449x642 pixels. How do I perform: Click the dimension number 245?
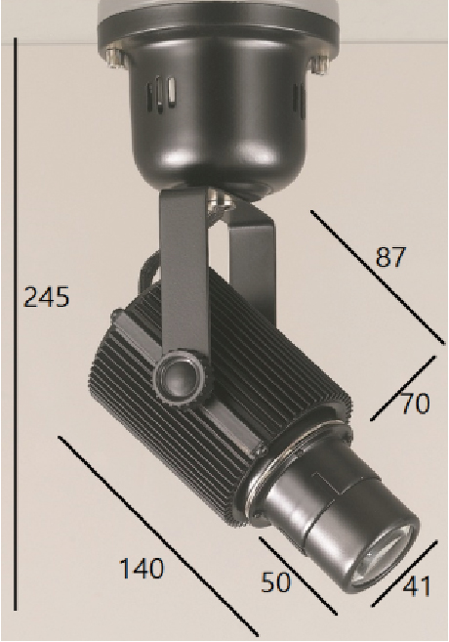click(x=47, y=297)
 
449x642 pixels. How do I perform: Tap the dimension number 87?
click(x=390, y=257)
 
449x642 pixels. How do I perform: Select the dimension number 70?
click(x=415, y=404)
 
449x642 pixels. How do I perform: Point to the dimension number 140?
click(x=142, y=569)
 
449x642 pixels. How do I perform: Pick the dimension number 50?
click(x=276, y=581)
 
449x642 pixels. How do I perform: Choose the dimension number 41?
click(x=417, y=586)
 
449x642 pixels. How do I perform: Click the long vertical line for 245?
click(x=16, y=323)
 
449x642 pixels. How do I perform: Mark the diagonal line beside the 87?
click(x=378, y=278)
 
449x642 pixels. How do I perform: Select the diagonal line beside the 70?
click(x=403, y=388)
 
